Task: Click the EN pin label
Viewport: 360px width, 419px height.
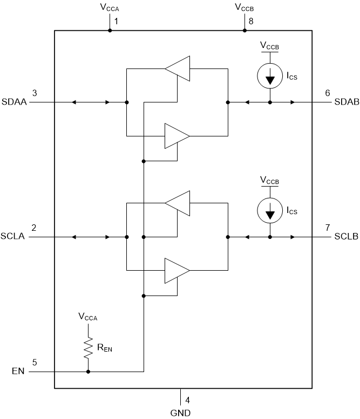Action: [18, 372]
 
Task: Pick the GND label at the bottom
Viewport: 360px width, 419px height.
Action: [180, 413]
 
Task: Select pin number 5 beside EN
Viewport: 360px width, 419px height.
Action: [35, 362]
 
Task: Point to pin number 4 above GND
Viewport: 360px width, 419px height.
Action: [187, 401]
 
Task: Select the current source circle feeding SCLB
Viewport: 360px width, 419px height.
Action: [270, 211]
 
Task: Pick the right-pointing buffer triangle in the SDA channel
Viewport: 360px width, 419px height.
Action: [177, 135]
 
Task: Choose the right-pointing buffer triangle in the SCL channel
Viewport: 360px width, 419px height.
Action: [177, 270]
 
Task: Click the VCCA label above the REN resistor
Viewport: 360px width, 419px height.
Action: [88, 317]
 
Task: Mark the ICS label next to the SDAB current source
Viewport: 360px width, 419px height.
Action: [291, 77]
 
